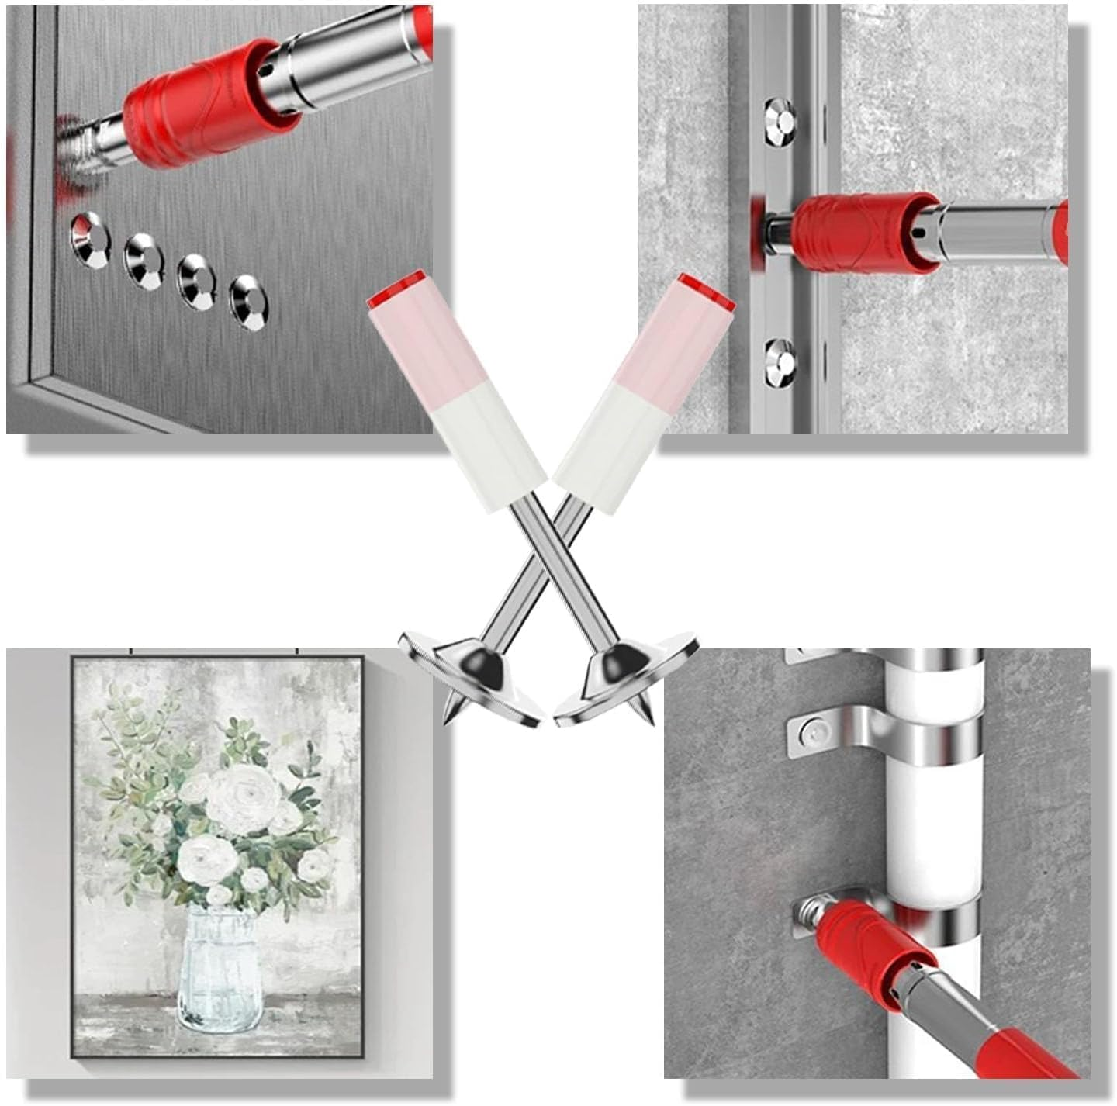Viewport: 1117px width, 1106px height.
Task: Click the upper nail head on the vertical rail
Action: [781, 119]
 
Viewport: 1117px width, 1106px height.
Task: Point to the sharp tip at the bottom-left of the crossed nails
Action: [448, 717]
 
